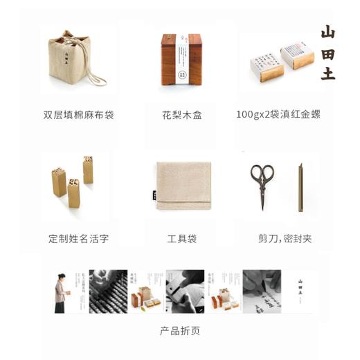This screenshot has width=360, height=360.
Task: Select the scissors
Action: coord(262,186)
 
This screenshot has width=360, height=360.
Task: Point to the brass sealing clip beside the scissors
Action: coord(301,186)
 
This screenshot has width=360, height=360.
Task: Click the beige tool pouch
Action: coord(183,185)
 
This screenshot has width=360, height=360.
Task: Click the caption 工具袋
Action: coord(182,239)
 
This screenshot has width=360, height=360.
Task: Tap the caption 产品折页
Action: coord(181,331)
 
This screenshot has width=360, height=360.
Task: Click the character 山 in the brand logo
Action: coord(328,32)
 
